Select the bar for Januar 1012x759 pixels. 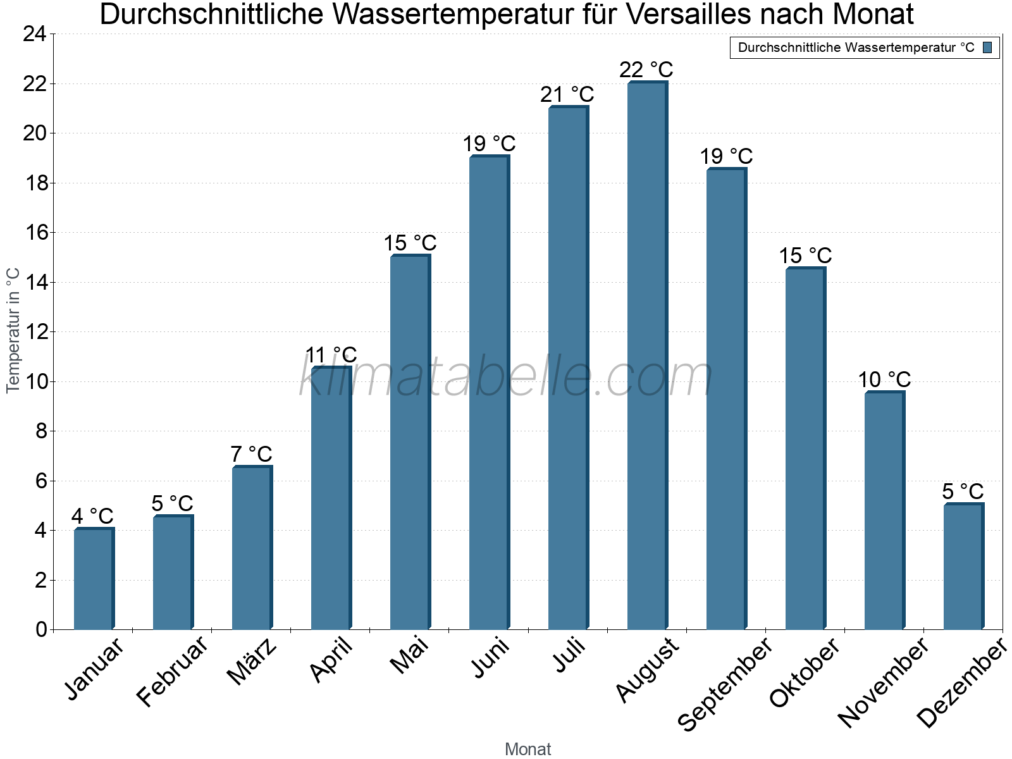94,579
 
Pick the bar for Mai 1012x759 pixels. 410,442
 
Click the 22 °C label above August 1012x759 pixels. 646,70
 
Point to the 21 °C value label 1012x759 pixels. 567,95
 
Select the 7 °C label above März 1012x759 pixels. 251,454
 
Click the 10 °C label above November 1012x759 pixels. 884,379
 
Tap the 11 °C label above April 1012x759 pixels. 331,355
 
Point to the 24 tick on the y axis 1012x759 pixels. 35,34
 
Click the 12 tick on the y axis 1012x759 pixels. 35,332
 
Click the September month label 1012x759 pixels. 725,684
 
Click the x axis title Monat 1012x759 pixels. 528,750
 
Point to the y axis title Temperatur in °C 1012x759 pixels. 13,330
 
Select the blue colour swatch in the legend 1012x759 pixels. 987,47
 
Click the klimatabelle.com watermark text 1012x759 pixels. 506,377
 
